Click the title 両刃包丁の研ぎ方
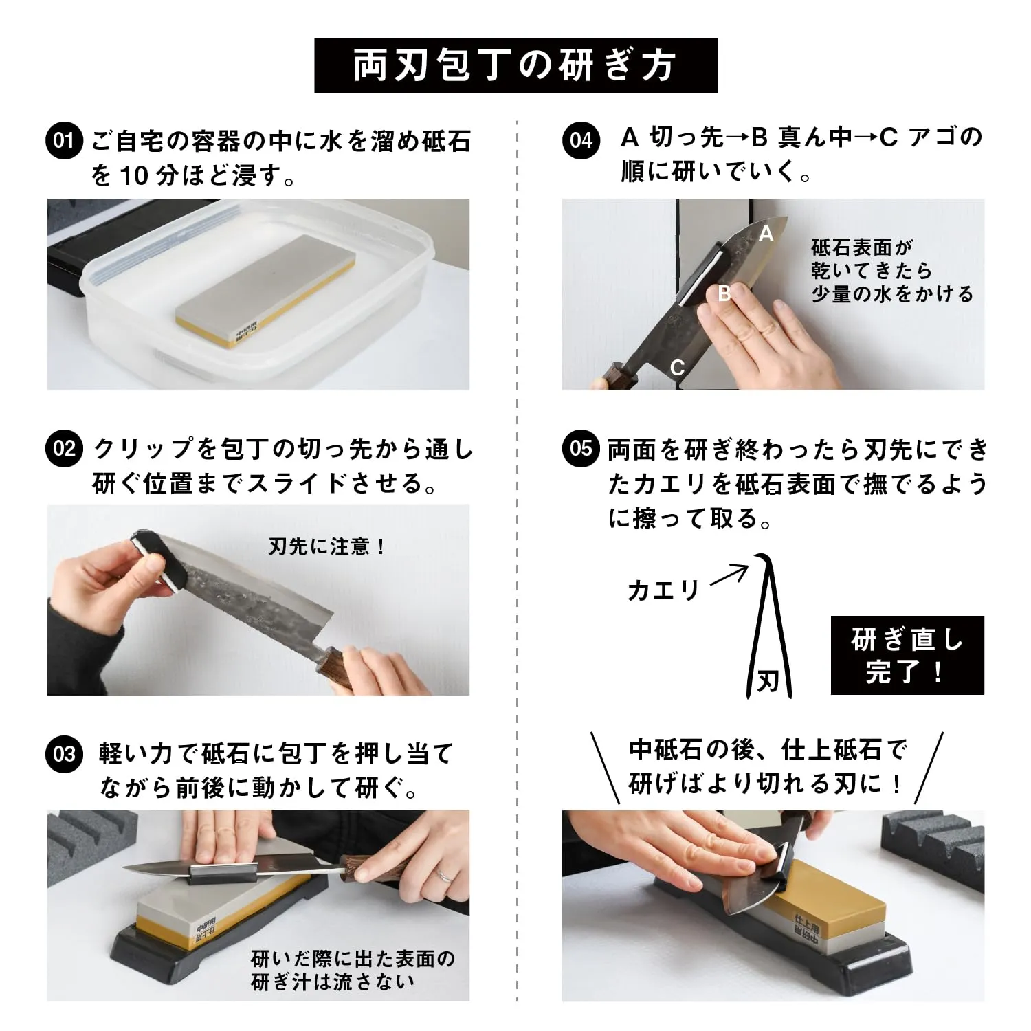click(515, 66)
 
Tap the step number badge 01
click(63, 142)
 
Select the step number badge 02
click(63, 449)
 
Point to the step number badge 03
click(63, 754)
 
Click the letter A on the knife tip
click(766, 234)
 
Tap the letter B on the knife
click(724, 294)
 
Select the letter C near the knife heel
click(677, 368)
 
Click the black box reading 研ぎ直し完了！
click(907, 655)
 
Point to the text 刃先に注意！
click(327, 547)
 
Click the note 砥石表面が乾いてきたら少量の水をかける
click(892, 271)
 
